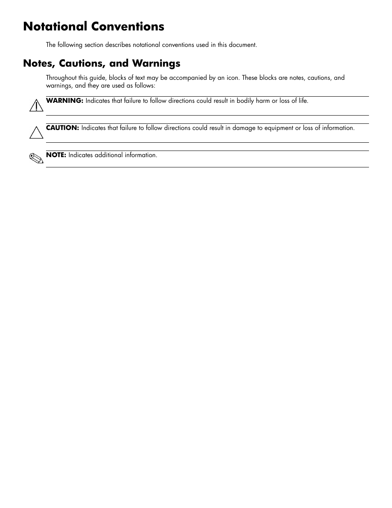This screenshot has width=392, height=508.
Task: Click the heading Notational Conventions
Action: (x=94, y=26)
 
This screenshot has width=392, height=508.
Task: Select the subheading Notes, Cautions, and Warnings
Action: (x=101, y=63)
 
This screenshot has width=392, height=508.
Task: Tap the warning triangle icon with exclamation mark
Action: (x=36, y=106)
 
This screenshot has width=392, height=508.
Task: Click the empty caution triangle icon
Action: (x=36, y=132)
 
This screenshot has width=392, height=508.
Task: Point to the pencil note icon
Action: (x=36, y=158)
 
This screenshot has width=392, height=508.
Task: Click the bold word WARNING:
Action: (x=65, y=101)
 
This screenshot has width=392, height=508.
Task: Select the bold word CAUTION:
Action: (x=62, y=128)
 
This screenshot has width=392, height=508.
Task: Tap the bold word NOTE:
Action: (x=56, y=155)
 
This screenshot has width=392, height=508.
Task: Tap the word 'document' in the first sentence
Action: (x=242, y=45)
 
